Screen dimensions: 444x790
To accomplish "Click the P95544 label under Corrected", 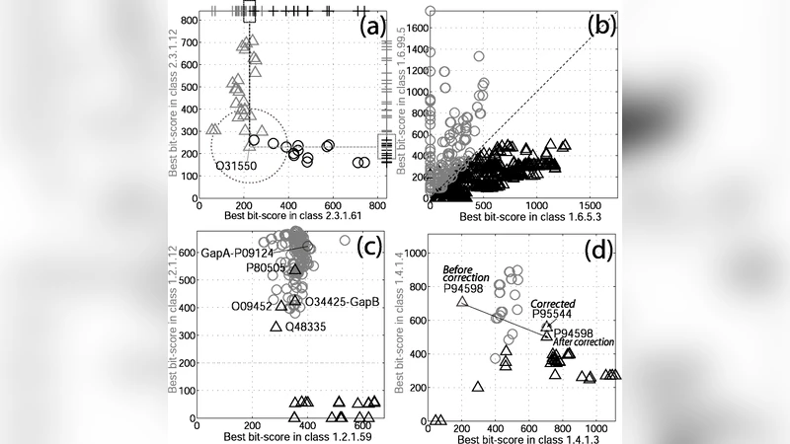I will (559, 315).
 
